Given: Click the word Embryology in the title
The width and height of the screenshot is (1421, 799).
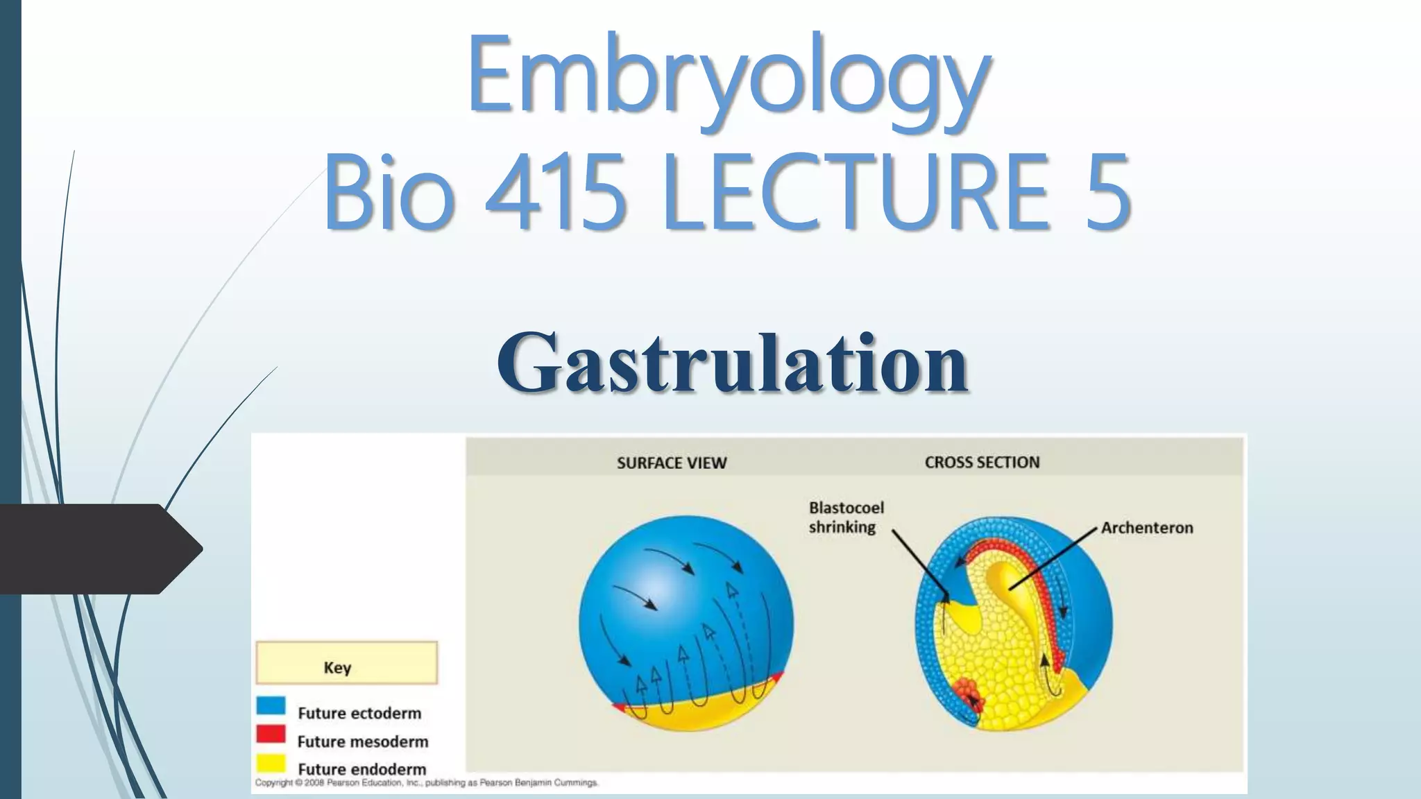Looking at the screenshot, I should pos(729,76).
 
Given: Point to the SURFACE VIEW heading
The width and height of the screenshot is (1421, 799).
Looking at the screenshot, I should pos(671,463).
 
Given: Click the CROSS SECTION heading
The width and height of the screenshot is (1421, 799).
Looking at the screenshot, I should pos(982,463).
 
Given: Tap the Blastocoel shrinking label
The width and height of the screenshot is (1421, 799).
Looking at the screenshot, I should pos(846,517).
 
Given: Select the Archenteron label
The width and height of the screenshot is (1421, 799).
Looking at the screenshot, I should pos(1147,528).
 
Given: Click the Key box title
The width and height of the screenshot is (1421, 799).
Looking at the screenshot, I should pos(338,667).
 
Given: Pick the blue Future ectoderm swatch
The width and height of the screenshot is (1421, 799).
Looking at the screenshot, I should pos(271,706).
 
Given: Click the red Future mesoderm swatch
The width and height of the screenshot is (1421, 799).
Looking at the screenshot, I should pos(271,734).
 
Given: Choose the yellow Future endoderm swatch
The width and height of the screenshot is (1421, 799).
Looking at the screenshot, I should pos(271,763).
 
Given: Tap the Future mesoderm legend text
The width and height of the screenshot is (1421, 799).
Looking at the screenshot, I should pos(362,741).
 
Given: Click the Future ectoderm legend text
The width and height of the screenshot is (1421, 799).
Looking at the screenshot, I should pos(359,713).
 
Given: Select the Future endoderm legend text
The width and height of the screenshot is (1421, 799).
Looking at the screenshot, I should pos(361,769).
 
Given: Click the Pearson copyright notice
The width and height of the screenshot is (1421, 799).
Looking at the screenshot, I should pos(426,783).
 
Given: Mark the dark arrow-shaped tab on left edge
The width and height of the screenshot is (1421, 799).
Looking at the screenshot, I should pos(97,549).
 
